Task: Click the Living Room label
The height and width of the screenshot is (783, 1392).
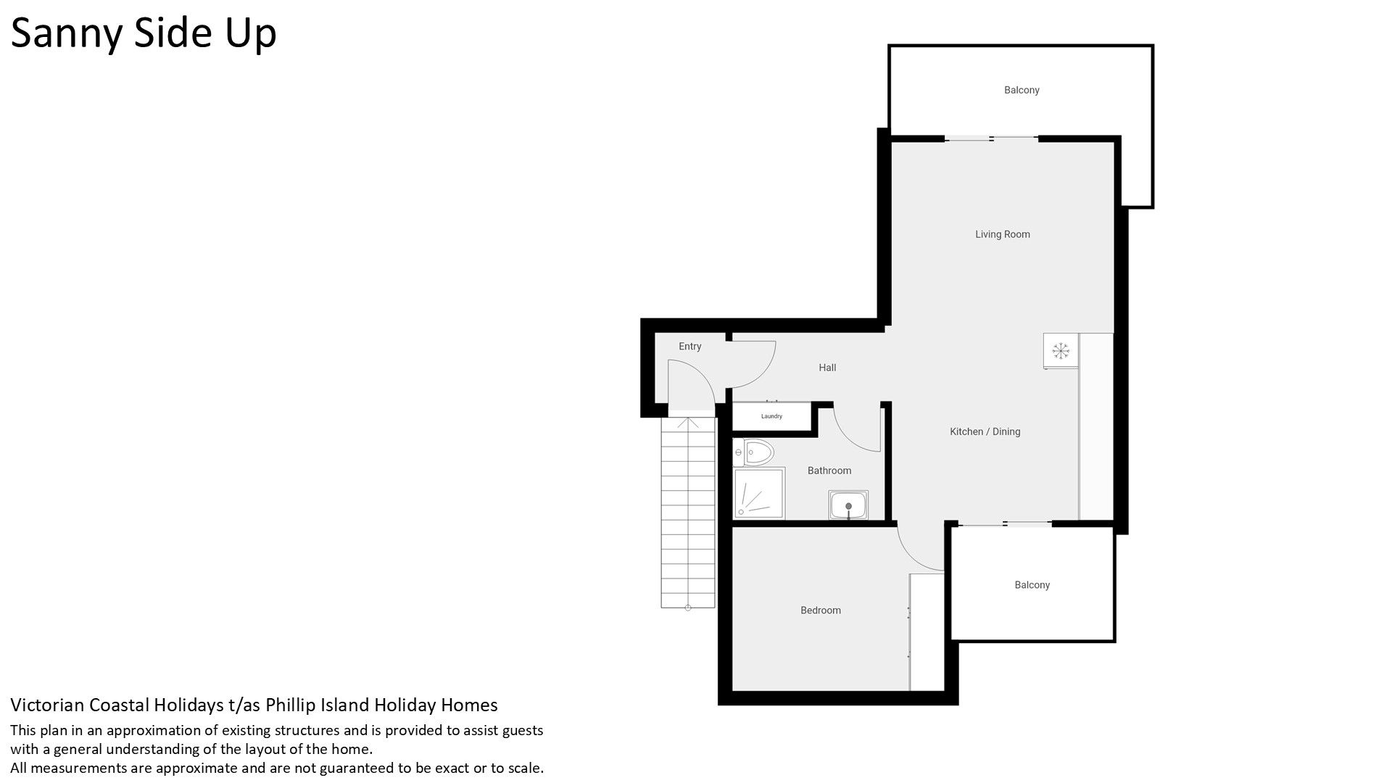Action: [x=1002, y=234]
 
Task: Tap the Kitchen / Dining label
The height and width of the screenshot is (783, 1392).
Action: [x=985, y=431]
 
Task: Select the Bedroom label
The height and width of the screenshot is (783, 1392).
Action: [x=821, y=610]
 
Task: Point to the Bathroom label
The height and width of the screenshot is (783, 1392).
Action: [x=829, y=471]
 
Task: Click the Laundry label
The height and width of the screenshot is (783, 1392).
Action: [x=771, y=416]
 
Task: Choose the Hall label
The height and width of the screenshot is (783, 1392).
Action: [x=827, y=368]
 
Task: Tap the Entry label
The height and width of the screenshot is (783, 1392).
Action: [x=690, y=347]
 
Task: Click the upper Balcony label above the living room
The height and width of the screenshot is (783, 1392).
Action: [x=1022, y=90]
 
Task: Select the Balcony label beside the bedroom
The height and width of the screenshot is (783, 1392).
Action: [x=1032, y=585]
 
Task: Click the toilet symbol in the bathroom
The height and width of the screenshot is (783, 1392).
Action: [x=754, y=453]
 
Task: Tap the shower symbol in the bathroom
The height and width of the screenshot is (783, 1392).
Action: [x=759, y=494]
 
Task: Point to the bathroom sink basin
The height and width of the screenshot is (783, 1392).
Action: [x=848, y=505]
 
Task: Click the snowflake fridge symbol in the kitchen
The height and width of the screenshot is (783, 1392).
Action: [x=1061, y=352]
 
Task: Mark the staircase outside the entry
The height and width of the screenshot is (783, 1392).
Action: [x=688, y=513]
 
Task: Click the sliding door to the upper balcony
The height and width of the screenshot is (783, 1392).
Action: [x=991, y=138]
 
